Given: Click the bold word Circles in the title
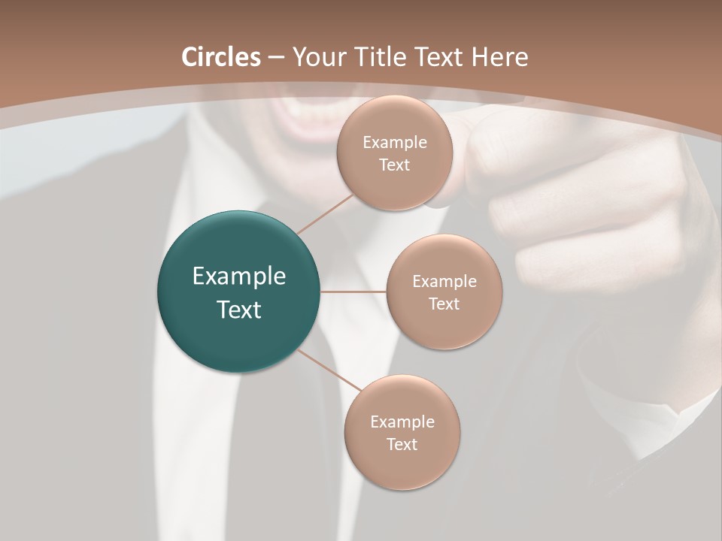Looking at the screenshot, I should coord(221,57).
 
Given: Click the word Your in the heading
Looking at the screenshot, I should coord(315,57).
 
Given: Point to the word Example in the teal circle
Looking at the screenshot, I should coord(239,277).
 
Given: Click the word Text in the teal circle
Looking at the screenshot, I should coord(239,310).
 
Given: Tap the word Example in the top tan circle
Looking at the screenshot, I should coord(395,143).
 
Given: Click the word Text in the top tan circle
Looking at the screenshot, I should coord(394,165).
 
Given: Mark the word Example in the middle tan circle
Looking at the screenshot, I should coord(444,282).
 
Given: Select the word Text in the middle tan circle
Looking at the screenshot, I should coord(444,304).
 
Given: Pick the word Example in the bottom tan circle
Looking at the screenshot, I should coord(402,422).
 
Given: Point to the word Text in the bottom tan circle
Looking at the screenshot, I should coord(402,445).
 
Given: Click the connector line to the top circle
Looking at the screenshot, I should coord(326,213).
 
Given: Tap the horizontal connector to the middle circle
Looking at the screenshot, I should coord(353,292).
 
